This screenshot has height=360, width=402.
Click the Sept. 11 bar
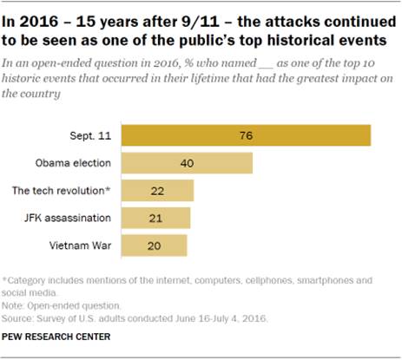click(x=246, y=136)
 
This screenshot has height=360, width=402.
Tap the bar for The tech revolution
click(x=157, y=191)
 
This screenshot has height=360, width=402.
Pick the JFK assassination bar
click(x=155, y=218)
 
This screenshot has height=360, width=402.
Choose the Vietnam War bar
click(x=154, y=245)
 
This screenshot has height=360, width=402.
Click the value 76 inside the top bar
click(x=246, y=136)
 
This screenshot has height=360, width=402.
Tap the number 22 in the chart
click(x=157, y=191)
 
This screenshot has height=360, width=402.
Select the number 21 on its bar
click(x=155, y=218)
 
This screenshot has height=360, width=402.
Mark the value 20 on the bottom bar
click(x=154, y=245)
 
